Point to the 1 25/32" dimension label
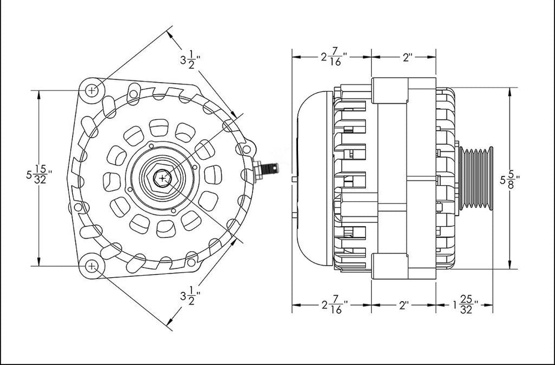point(463,306)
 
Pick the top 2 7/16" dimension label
point(333,57)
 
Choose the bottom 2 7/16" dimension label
point(333,305)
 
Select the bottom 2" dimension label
point(403,305)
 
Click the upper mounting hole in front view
point(92,89)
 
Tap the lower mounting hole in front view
point(92,266)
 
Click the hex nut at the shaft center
point(162,178)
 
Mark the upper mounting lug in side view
point(391,92)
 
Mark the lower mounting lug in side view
point(391,265)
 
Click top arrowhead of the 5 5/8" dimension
point(509,92)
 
